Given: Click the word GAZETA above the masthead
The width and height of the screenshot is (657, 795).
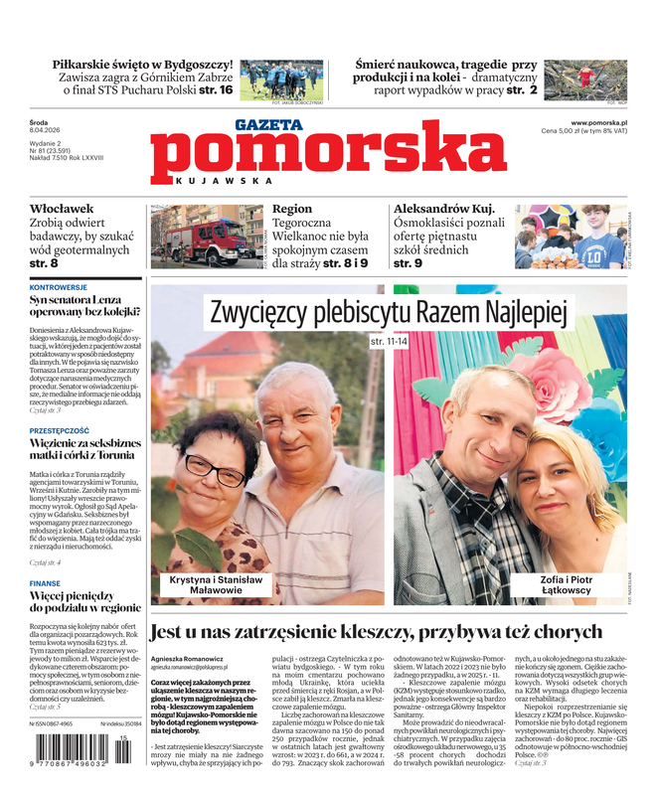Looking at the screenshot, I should pyautogui.click(x=269, y=126).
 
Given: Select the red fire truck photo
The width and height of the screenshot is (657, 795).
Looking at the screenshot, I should pyautogui.click(x=207, y=237).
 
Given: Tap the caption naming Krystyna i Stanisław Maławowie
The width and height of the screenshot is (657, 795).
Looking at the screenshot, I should pyautogui.click(x=214, y=584).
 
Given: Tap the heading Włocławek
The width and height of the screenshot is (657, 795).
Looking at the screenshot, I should pyautogui.click(x=62, y=210).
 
